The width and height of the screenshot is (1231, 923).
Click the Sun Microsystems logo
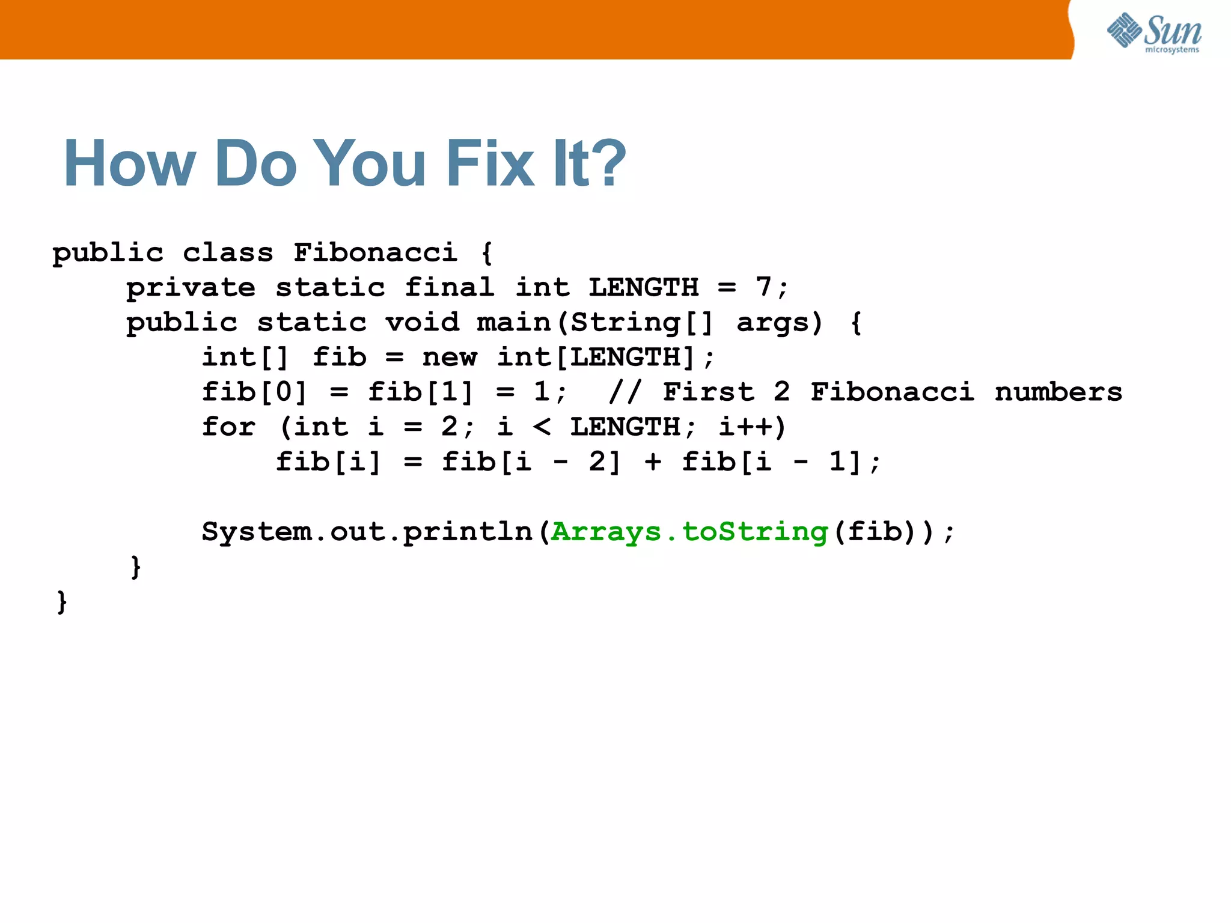click(1154, 32)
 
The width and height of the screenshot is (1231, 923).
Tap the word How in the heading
click(129, 163)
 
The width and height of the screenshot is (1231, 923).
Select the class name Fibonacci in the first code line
click(375, 252)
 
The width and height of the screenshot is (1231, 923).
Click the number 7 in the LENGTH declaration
click(763, 287)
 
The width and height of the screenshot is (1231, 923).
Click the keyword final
click(449, 287)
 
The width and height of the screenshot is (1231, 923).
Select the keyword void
click(422, 323)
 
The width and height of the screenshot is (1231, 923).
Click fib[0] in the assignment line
click(254, 392)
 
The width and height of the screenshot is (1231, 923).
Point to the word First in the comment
click(708, 392)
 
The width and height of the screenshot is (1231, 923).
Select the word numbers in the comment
click(1058, 392)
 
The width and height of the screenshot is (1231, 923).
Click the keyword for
click(228, 427)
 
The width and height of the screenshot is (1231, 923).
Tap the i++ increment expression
click(751, 427)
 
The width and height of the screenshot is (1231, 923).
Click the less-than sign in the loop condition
click(542, 427)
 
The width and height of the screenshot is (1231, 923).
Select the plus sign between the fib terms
click(653, 462)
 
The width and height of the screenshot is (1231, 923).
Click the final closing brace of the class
click(61, 602)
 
